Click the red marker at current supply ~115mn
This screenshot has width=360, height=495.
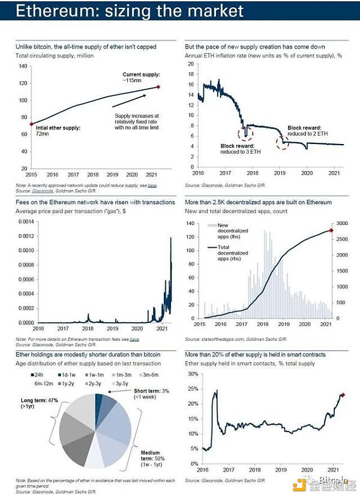tap(158, 87)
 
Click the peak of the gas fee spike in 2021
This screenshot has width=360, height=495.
tap(170, 238)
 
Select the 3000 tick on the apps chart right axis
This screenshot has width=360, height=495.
tap(340, 223)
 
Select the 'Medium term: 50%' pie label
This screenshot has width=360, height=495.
tap(147, 460)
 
